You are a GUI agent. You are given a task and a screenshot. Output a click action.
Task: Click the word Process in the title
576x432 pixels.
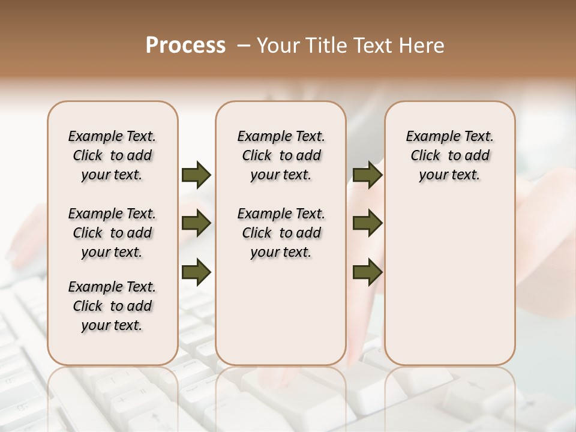pos(185,46)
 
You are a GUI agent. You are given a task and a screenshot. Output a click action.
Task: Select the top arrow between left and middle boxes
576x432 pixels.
pos(196,175)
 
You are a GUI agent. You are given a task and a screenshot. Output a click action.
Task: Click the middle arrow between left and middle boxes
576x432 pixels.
pos(196,224)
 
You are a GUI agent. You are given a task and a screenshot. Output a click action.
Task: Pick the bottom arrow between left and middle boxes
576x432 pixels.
pos(196,273)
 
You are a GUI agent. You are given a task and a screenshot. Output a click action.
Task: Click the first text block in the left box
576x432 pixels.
pos(112,155)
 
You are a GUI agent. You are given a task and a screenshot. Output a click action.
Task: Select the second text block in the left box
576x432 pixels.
pos(112,233)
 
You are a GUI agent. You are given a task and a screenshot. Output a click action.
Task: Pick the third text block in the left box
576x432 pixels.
pos(112,306)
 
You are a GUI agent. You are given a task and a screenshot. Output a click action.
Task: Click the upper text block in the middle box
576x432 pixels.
pos(281,155)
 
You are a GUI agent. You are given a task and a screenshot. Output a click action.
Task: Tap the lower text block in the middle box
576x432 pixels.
pos(281,233)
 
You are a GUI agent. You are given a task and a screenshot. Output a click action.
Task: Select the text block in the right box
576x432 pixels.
pos(449,155)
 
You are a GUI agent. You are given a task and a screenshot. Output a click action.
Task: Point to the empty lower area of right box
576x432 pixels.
pos(449,282)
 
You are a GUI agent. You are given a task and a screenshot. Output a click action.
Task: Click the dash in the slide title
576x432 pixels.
pos(243,46)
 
